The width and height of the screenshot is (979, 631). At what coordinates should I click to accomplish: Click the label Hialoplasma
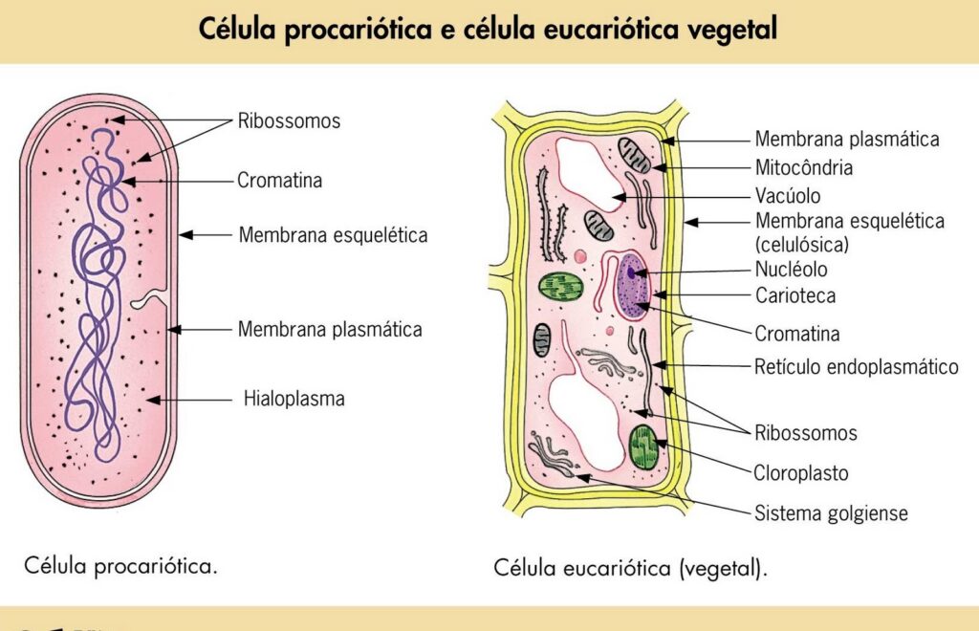tap(294, 399)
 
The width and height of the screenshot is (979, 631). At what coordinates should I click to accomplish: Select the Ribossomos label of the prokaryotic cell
tap(289, 121)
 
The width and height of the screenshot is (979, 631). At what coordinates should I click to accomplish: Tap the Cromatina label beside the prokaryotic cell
tap(279, 180)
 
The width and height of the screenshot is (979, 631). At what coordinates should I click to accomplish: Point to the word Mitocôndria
tap(803, 167)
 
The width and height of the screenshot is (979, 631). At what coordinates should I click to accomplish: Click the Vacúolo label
tap(788, 196)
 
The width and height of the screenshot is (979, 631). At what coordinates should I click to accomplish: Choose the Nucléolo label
tap(791, 270)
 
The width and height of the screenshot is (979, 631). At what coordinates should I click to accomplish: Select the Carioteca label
tap(794, 295)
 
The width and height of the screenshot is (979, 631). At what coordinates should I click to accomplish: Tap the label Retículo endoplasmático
tap(856, 366)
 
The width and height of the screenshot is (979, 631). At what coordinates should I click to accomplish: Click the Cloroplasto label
tap(801, 472)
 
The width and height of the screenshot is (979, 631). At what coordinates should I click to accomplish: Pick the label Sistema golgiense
tap(831, 513)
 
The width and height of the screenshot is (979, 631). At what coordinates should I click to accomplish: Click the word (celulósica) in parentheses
tap(801, 245)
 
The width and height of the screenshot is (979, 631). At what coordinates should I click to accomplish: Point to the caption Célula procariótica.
tap(120, 565)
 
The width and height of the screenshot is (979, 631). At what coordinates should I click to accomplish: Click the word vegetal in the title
tap(732, 30)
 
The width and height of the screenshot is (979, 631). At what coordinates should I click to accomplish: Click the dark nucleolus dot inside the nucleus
tap(631, 274)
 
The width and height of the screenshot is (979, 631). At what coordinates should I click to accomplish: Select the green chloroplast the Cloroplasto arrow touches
tap(643, 446)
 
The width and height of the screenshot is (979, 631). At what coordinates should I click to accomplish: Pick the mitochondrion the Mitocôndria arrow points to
tap(633, 154)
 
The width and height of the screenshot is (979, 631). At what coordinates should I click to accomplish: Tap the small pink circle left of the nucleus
tap(581, 256)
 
